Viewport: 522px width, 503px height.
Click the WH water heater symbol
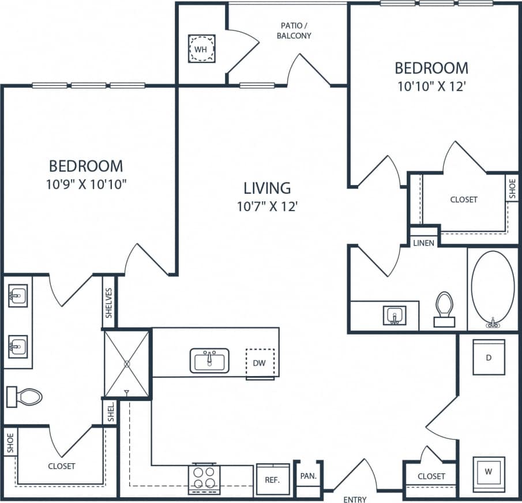point(201,49)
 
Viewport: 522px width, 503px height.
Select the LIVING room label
point(266,188)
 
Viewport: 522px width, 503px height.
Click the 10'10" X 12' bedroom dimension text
point(431,87)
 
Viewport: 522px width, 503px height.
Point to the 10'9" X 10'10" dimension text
point(87,185)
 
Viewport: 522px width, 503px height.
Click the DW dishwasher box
point(260,364)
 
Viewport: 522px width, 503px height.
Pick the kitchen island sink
point(210,361)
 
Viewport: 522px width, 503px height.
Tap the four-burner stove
point(204,478)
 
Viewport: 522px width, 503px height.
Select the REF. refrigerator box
point(272,479)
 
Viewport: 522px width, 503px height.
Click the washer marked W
point(489,472)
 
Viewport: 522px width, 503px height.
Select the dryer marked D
point(489,358)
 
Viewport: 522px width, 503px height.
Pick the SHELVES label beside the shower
point(109,302)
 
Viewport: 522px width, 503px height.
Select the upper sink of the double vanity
point(18,296)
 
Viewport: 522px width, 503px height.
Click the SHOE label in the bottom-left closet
point(10,442)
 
